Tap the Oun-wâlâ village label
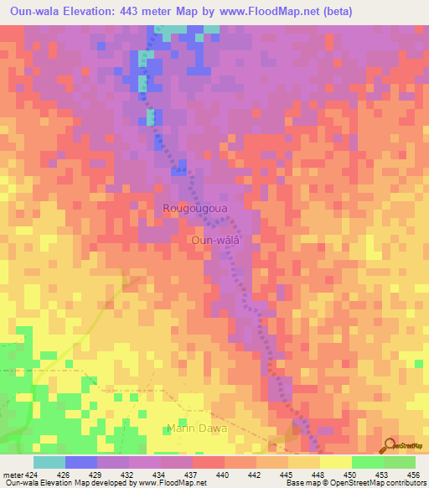click(216, 239)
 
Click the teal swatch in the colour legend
click(49, 462)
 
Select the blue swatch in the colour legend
click(81, 462)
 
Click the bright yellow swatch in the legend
click(335, 462)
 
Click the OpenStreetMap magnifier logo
click(390, 446)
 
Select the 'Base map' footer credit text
click(302, 482)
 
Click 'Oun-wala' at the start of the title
click(35, 12)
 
